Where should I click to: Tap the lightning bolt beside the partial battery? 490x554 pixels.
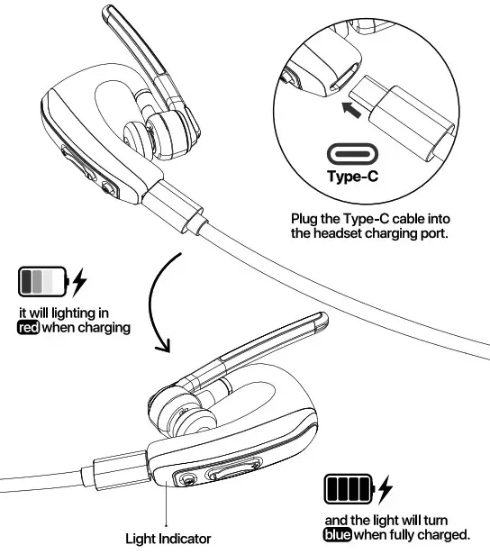point(79,282)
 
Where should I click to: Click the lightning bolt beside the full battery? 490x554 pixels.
point(386,491)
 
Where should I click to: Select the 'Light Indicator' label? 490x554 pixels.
point(168,539)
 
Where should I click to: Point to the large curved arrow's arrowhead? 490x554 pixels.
point(163,347)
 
